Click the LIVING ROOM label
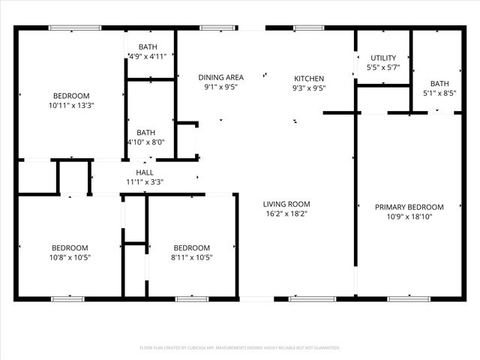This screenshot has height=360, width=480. [286, 204]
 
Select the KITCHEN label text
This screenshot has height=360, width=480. [308, 78]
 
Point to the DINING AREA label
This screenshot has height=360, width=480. [220, 77]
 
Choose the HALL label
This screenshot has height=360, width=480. [145, 172]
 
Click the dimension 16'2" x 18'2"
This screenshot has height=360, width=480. [286, 214]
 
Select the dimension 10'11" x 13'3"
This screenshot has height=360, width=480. [71, 106]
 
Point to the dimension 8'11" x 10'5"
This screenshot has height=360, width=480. [191, 258]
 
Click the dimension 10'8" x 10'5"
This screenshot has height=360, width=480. [70, 258]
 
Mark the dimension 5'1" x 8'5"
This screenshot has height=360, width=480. [439, 94]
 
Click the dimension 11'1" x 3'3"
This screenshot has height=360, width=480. [145, 181]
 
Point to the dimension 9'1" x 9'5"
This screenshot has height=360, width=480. [220, 87]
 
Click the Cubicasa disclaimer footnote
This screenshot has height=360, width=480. [240, 348]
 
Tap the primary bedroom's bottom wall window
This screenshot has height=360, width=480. [409, 298]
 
